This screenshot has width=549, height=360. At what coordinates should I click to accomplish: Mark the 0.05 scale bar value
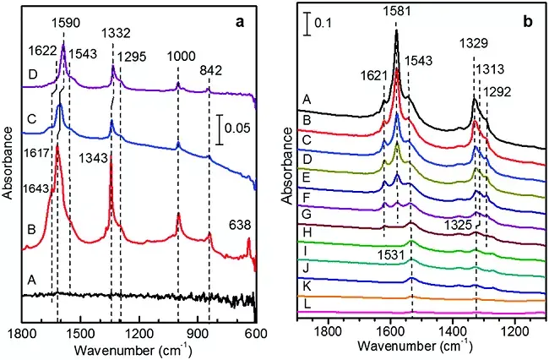240,130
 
